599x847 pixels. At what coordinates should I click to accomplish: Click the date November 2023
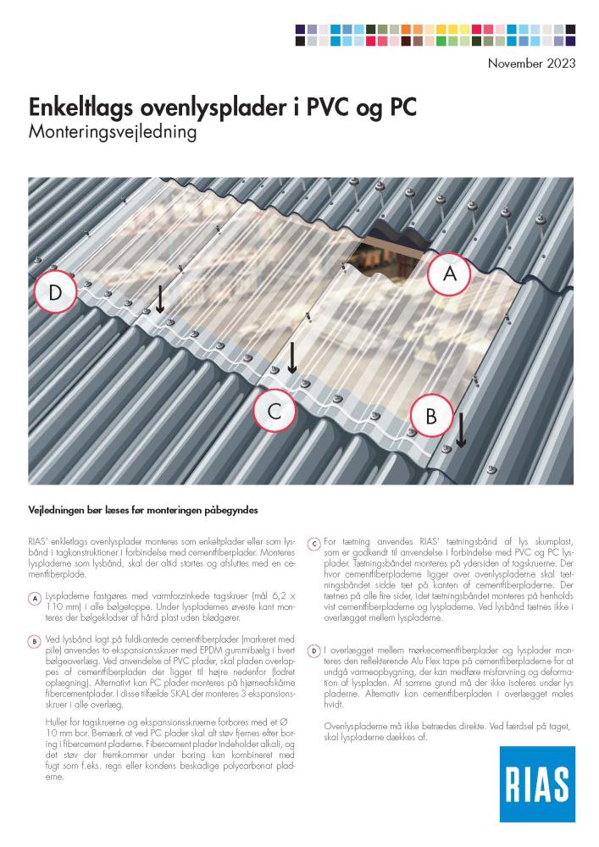[x=531, y=63]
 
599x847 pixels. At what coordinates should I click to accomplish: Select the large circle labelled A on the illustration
[x=449, y=274]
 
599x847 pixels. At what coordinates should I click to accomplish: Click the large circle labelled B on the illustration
[x=430, y=416]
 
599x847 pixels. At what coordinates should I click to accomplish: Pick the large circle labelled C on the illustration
[x=274, y=412]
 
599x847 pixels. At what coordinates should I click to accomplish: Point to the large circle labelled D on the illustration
[x=55, y=293]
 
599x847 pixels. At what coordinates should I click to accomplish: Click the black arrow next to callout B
[x=461, y=430]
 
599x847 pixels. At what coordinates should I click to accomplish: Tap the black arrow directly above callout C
[x=291, y=358]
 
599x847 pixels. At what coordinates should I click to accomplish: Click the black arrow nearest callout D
[x=158, y=299]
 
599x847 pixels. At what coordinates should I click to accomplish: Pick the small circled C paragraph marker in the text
[x=313, y=543]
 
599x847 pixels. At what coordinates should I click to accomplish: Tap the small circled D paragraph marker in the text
[x=313, y=650]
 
